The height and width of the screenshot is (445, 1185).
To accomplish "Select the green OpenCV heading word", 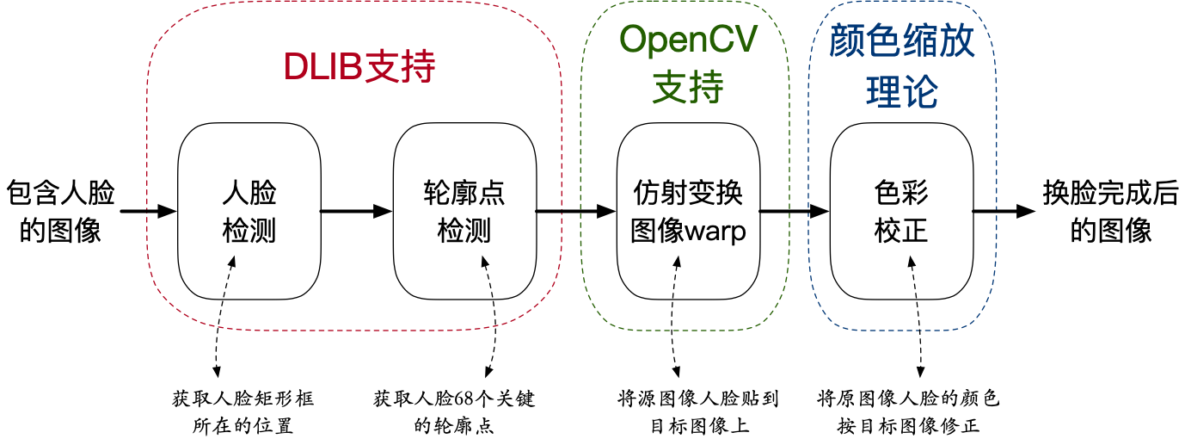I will (688, 40).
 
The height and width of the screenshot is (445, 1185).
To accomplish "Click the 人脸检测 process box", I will (249, 211).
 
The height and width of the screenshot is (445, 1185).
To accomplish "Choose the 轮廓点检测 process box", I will (464, 211).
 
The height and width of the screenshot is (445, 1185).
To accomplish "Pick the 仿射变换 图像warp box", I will (688, 211).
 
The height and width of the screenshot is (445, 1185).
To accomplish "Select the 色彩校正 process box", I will (901, 211).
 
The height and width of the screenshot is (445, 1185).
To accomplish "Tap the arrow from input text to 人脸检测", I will (148, 211).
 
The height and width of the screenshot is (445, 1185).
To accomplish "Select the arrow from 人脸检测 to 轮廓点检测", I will (357, 211).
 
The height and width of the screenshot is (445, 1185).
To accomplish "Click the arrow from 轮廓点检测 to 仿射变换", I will (576, 211).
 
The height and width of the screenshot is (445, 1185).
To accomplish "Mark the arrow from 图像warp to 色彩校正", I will (794, 211).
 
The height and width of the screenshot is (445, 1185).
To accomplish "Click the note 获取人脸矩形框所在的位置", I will (243, 412).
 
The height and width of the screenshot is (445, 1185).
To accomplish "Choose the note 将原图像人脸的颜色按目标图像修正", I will (908, 412).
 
